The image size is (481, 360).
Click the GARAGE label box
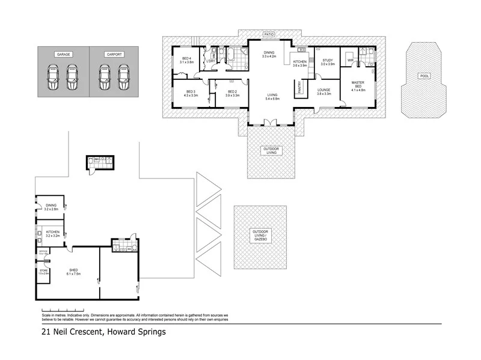tap(64, 54)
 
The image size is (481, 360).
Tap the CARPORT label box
tap(114, 54)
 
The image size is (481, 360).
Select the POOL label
tap(424, 76)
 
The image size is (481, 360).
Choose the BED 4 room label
tap(186, 60)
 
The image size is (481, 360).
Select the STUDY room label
tap(327, 62)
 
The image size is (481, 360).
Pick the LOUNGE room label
tap(325, 92)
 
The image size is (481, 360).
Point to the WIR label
tap(350, 60)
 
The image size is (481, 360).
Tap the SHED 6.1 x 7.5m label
tap(73, 272)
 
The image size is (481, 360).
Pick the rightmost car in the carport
tap(124, 76)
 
